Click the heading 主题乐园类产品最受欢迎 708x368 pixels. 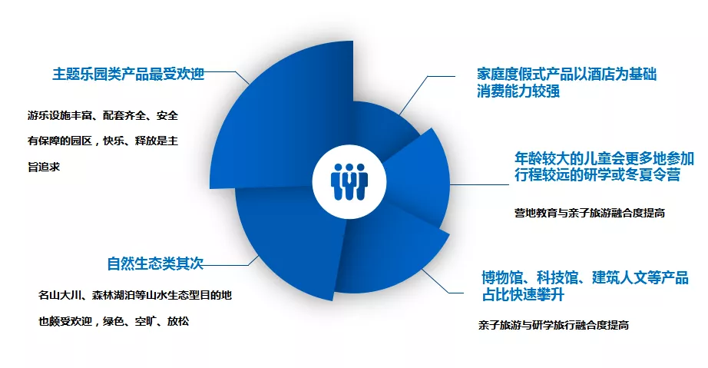click(129, 74)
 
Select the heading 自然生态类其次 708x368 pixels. click(155, 264)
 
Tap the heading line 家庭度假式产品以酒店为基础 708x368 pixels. click(567, 74)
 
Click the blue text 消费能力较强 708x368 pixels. click(518, 91)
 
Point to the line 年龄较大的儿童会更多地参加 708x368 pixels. click(604, 158)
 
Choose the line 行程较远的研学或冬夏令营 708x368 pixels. click(597, 174)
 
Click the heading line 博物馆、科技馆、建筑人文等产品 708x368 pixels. click(585, 277)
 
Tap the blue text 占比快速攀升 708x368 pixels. click(523, 294)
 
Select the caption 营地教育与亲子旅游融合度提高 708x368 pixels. click(590, 213)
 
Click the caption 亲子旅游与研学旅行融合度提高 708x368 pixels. click(554, 325)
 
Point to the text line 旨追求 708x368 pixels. click(44, 167)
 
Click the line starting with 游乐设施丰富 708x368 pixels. click(103, 115)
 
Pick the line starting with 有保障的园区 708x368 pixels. click(103, 141)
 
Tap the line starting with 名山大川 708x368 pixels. click(135, 295)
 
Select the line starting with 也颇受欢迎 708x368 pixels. click(114, 321)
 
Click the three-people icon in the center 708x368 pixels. click(349, 182)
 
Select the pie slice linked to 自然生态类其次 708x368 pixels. click(289, 235)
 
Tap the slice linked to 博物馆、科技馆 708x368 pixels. click(389, 253)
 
